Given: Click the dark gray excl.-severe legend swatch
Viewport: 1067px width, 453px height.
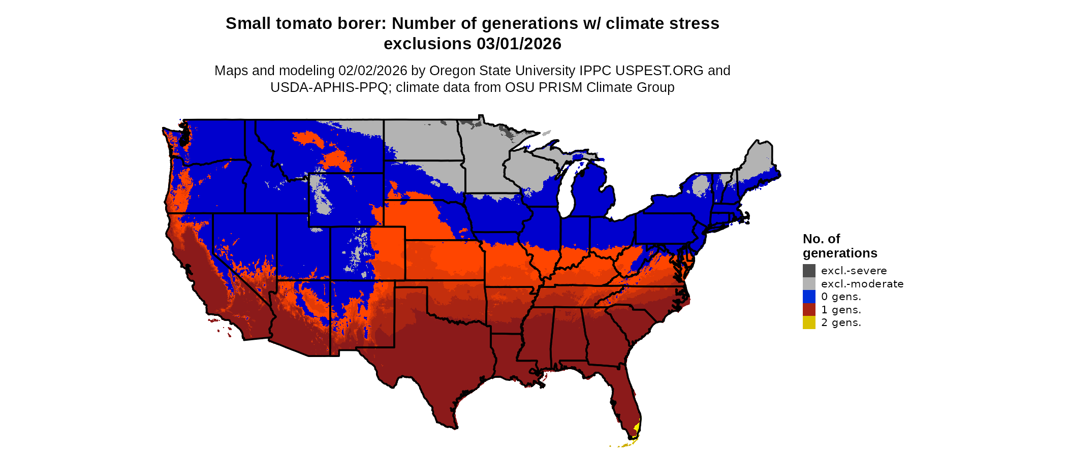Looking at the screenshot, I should click(x=809, y=271).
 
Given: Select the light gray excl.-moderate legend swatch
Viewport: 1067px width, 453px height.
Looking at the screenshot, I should click(x=809, y=284).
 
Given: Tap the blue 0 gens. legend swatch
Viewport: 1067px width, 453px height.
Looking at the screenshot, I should click(x=809, y=297).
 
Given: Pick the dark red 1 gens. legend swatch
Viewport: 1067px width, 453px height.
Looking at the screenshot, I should click(x=809, y=310).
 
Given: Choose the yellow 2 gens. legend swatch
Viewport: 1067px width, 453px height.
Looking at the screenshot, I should click(x=809, y=322).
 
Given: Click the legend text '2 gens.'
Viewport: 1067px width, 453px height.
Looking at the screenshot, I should click(x=841, y=322).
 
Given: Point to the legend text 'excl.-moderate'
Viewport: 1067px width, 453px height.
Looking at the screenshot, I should click(x=862, y=284).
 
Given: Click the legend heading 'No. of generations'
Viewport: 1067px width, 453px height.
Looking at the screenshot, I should click(x=839, y=246).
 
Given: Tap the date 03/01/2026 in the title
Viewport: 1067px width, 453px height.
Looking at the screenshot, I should click(x=519, y=44).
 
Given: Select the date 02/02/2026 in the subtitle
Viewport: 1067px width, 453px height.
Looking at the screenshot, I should click(x=373, y=71).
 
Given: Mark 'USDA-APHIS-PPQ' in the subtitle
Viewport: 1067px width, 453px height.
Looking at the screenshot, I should click(x=329, y=87).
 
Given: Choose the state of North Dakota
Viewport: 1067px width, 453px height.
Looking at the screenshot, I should click(x=422, y=140).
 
